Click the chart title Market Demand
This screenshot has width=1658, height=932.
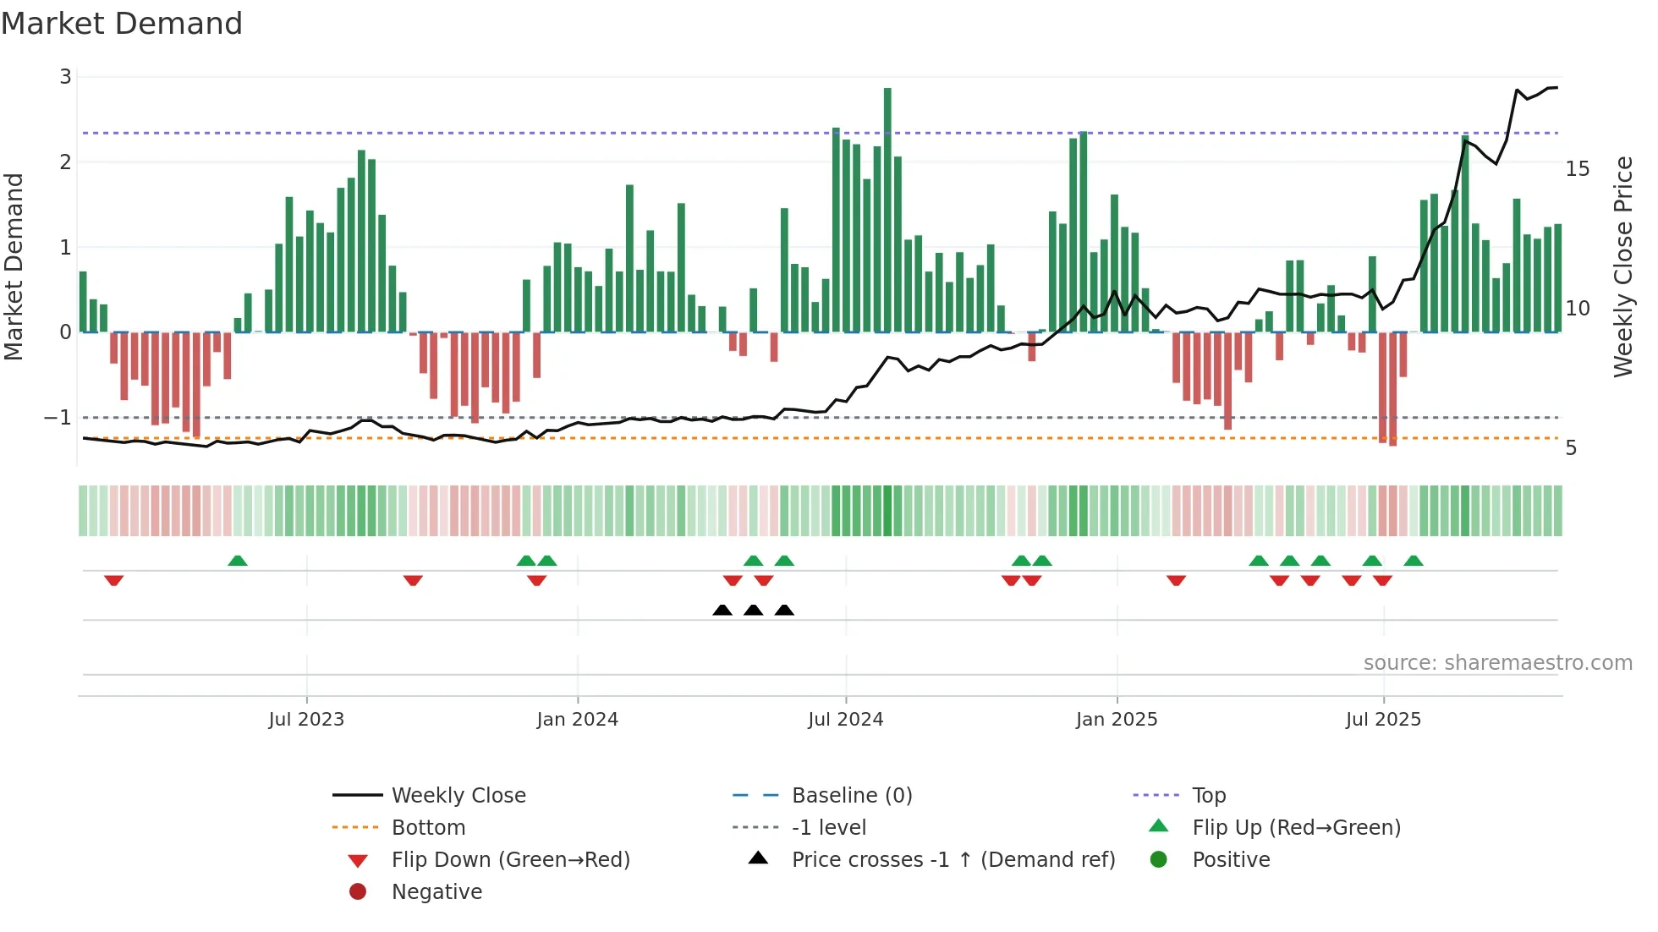click(x=122, y=24)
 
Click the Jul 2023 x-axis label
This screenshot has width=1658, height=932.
click(x=306, y=720)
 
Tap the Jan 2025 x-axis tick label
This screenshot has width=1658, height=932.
click(x=1117, y=720)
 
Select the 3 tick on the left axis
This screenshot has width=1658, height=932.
click(x=65, y=77)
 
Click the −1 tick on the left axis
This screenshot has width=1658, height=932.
click(x=58, y=418)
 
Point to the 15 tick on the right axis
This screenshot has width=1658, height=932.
click(x=1578, y=169)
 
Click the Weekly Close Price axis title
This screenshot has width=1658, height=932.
click(x=1622, y=266)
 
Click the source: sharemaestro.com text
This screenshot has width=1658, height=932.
click(x=1497, y=663)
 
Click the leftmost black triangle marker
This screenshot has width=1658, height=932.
click(x=722, y=611)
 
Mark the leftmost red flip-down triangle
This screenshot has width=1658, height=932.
click(x=114, y=580)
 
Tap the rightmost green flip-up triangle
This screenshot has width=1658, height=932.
click(x=1414, y=561)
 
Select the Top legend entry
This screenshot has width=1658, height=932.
click(x=1208, y=796)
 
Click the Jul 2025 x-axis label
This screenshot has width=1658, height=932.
click(x=1383, y=720)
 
